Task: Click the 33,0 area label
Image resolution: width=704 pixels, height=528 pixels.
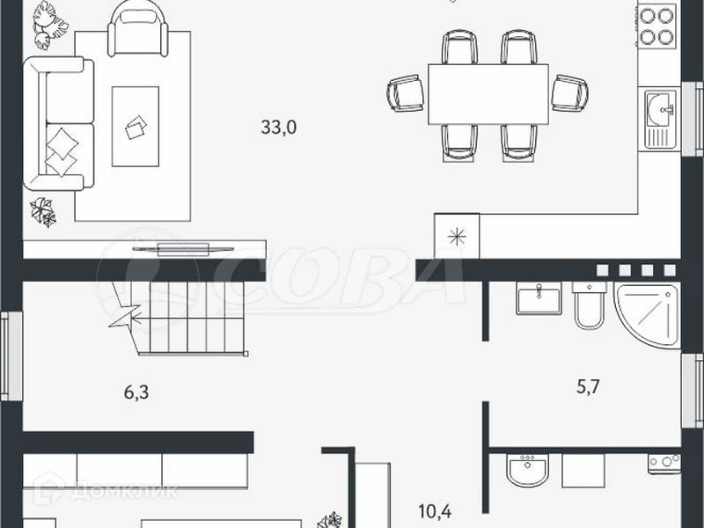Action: click(279, 128)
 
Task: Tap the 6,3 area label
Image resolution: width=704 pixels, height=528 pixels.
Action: click(136, 392)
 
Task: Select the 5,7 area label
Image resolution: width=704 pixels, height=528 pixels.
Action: click(588, 386)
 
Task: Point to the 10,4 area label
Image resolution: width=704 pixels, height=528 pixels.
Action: click(435, 511)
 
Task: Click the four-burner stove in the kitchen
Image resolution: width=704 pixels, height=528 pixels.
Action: click(657, 26)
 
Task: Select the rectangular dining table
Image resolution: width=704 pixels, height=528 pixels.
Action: click(488, 94)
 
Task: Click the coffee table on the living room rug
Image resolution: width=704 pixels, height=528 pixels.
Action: click(136, 127)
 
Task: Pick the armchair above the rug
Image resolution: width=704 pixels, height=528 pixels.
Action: click(138, 31)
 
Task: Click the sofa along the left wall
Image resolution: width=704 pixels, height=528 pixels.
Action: click(58, 123)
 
